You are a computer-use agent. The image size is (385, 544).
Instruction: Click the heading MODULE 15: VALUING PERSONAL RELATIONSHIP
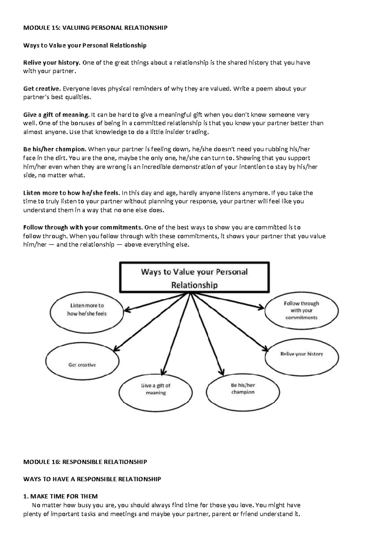95,28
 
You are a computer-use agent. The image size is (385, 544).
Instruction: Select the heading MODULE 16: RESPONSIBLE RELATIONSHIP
85,462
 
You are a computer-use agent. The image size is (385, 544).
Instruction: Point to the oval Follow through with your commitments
302,310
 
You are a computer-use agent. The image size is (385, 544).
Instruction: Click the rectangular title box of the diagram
194,278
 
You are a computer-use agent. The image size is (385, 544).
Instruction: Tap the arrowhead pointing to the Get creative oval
117,348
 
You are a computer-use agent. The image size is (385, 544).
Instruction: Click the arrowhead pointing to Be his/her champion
221,372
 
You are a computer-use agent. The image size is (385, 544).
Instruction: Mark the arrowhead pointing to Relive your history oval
265,349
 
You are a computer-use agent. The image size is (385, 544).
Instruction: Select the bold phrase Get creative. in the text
42,89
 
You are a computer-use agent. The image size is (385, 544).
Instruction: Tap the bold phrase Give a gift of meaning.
56,115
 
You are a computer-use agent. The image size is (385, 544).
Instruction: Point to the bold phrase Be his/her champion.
55,149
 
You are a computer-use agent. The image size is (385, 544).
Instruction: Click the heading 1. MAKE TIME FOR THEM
60,497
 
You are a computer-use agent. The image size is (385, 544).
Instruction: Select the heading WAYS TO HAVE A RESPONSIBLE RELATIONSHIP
92,479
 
